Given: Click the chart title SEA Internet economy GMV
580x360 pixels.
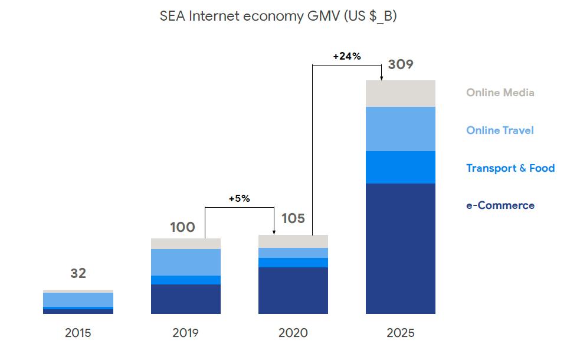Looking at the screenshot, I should [278, 17].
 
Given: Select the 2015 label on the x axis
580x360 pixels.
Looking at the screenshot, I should [78, 333].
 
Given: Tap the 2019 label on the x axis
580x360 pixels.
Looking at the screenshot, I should [185, 333].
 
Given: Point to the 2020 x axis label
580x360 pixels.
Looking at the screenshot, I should [293, 333].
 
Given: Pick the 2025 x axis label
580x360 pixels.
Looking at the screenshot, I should [401, 333].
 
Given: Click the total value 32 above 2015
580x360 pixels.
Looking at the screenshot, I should [78, 273].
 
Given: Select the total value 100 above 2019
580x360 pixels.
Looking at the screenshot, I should [182, 227].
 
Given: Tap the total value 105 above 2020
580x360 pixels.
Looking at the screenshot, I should [293, 219].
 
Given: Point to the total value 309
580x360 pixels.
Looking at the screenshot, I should [401, 65].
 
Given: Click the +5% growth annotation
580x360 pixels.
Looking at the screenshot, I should [240, 199].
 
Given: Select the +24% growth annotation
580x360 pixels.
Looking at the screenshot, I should [347, 57].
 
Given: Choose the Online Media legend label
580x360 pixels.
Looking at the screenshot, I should [500, 93].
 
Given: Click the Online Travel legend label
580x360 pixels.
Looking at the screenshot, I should [500, 130].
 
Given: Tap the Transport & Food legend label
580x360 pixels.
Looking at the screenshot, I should [510, 168].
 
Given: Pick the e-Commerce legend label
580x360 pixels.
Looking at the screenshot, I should [500, 205].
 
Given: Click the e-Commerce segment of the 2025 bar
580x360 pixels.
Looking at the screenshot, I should [401, 248].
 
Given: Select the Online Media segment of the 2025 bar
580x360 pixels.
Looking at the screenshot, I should [401, 93].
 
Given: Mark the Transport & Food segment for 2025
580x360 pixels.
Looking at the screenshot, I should [401, 167].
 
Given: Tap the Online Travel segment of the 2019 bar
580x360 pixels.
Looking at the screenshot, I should [186, 262].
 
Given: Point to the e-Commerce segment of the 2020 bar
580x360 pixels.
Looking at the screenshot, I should [293, 290].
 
